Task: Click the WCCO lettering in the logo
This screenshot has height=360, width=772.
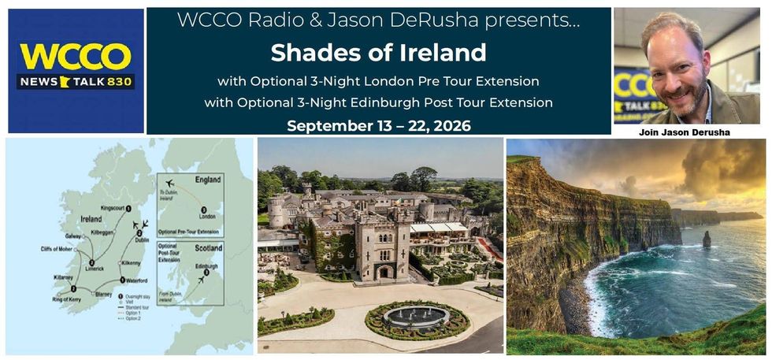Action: (76, 58)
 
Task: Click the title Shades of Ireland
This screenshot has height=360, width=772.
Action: (378, 53)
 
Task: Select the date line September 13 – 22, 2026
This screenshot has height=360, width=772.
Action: (378, 126)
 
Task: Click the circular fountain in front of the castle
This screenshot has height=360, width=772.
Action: (417, 317)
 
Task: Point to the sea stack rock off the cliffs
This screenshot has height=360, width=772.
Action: (707, 239)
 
